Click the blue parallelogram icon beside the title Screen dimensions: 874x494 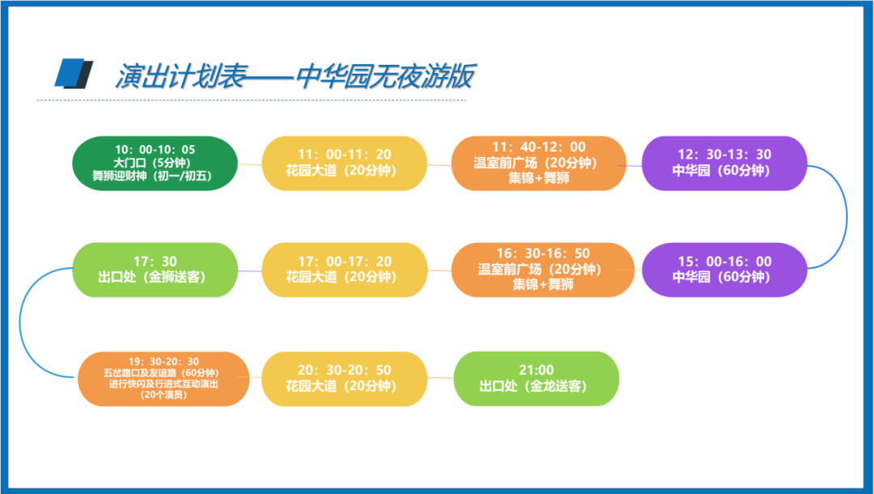point(73,74)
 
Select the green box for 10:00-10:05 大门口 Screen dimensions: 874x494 point(155,164)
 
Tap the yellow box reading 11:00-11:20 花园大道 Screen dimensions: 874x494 point(344,164)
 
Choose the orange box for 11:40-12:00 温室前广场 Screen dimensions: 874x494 point(538,164)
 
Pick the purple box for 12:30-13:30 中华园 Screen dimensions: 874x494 point(723,164)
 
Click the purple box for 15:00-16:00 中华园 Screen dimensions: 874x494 point(723,270)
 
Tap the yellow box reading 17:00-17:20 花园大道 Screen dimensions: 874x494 point(344,270)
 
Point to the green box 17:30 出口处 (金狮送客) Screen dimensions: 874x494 point(155,270)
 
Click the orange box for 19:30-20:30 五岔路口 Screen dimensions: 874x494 point(163,378)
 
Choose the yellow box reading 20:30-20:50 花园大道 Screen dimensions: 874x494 point(344,378)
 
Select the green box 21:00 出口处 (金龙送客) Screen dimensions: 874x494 point(537,378)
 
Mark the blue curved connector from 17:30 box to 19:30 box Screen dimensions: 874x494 point(20,324)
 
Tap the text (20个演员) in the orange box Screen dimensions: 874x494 point(163,394)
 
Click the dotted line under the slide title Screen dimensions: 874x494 point(251,101)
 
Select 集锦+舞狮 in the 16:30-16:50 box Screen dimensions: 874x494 point(543,284)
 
